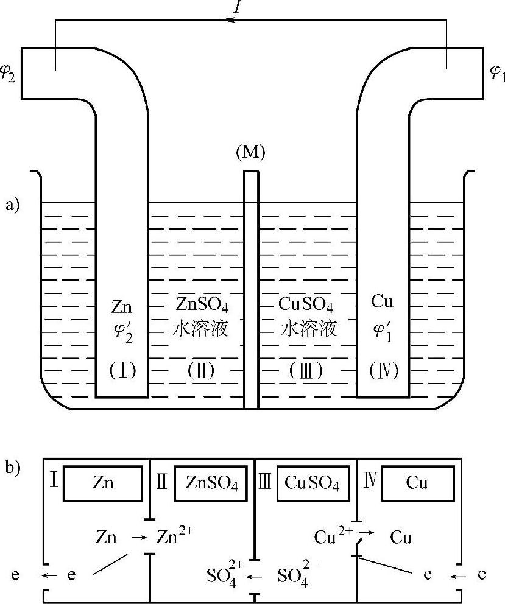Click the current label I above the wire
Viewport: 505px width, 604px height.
238,7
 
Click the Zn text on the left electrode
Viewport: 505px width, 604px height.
122,305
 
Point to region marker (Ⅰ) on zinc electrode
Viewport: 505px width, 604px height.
122,370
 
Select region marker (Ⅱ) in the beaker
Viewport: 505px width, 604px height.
201,370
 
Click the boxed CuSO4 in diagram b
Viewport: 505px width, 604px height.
313,483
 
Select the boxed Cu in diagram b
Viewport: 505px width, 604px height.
417,483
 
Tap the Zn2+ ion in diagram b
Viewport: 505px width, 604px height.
176,537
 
